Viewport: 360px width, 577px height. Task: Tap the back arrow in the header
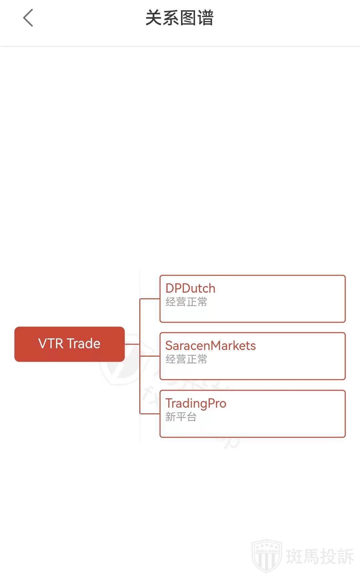click(28, 18)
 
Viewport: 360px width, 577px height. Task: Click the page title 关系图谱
click(179, 18)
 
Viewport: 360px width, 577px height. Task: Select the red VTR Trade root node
click(69, 344)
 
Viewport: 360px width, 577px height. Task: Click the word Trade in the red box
click(84, 344)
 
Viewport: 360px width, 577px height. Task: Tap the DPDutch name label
click(190, 288)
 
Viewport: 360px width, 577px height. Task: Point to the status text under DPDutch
click(186, 302)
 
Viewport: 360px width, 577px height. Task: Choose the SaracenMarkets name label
click(210, 346)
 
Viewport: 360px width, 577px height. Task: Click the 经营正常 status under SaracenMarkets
click(186, 359)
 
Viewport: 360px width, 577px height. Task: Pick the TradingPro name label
click(196, 403)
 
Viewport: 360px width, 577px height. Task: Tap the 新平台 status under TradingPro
click(181, 417)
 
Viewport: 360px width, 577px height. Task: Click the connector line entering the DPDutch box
click(150, 299)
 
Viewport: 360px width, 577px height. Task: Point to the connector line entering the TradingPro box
click(150, 414)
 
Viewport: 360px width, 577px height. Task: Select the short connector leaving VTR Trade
click(132, 344)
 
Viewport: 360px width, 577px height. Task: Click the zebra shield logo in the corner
click(267, 556)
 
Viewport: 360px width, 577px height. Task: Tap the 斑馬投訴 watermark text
click(320, 557)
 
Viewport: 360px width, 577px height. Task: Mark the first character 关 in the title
click(154, 18)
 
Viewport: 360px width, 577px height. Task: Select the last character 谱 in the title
click(205, 18)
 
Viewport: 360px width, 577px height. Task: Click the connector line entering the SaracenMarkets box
click(150, 356)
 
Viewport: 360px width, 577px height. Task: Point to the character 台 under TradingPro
click(191, 417)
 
